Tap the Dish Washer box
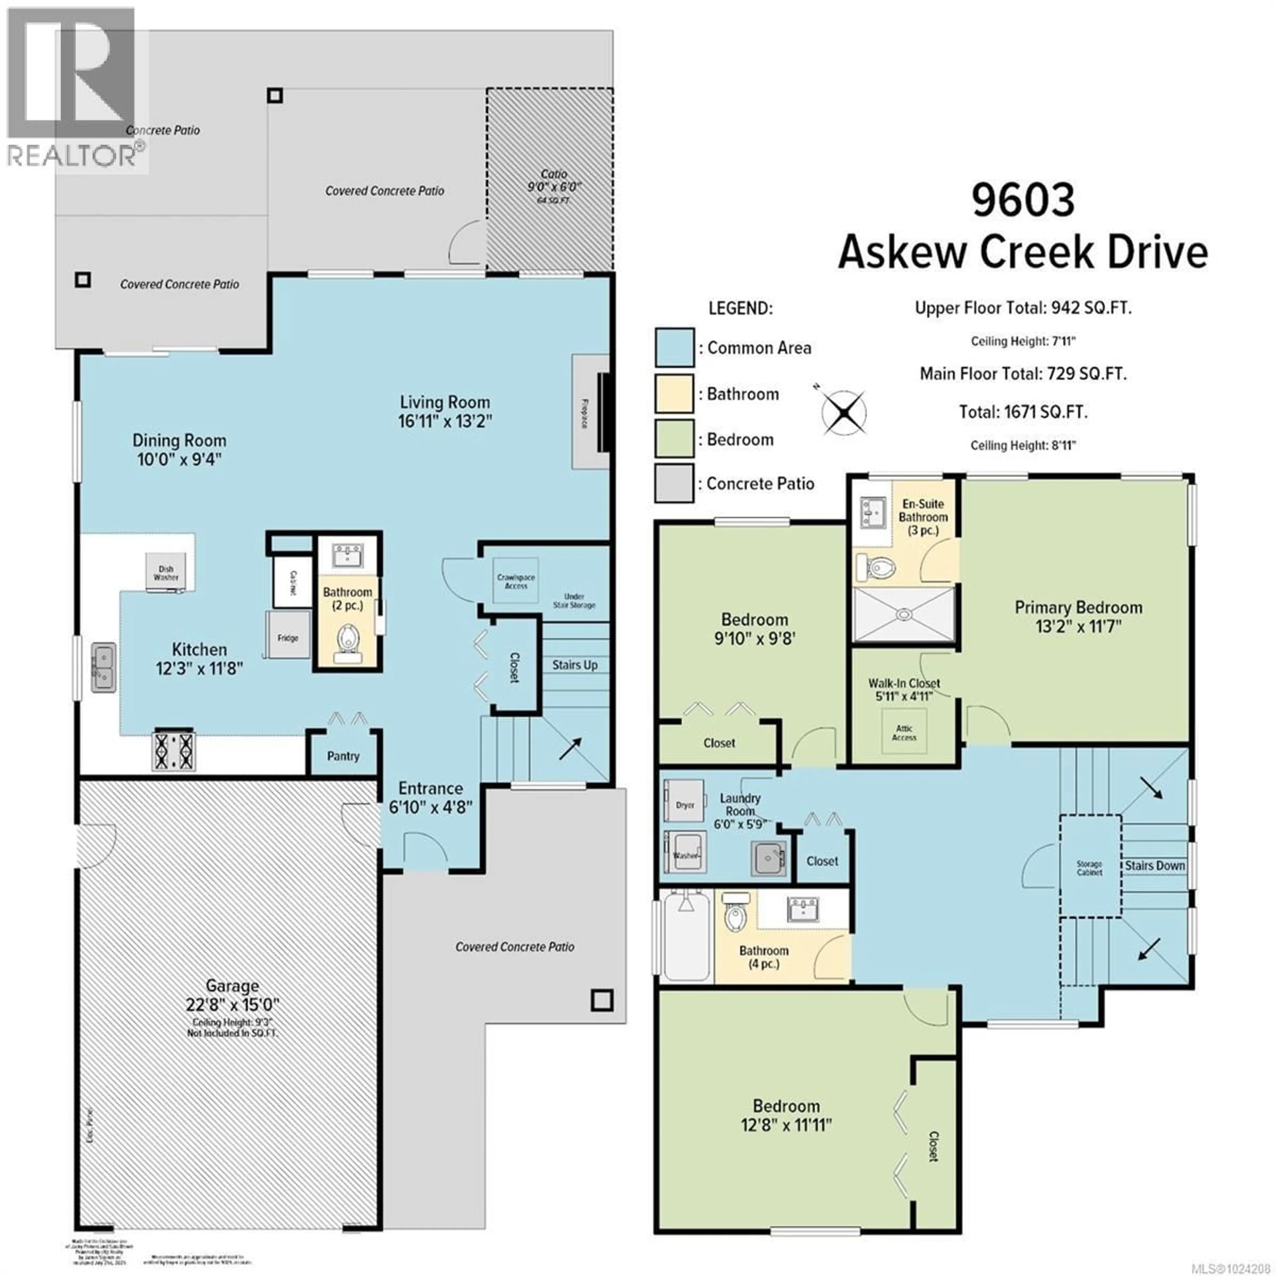[166, 572]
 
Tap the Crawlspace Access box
[516, 581]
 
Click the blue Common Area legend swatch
[674, 347]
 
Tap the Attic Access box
[904, 732]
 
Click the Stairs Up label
[575, 665]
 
